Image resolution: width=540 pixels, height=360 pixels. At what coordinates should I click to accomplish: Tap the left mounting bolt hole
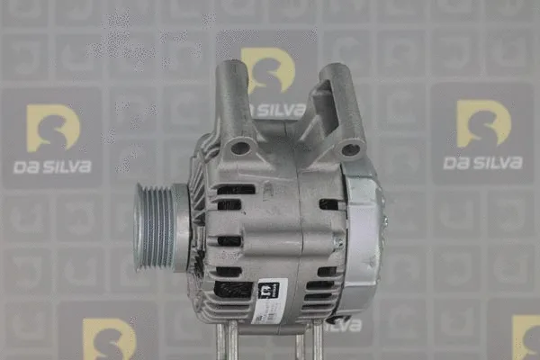240,147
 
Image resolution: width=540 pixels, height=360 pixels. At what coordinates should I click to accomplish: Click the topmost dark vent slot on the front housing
236,189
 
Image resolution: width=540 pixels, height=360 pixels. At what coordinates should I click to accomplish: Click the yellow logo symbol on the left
52,128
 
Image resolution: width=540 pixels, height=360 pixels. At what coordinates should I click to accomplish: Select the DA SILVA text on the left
52,166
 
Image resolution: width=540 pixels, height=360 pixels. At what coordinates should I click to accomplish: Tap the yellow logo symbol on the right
482,123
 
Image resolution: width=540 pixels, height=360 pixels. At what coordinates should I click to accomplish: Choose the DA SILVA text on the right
482,163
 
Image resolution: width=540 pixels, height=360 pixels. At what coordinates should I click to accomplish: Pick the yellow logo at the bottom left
108,340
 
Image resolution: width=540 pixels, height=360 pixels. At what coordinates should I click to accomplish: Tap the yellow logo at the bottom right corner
526,338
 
